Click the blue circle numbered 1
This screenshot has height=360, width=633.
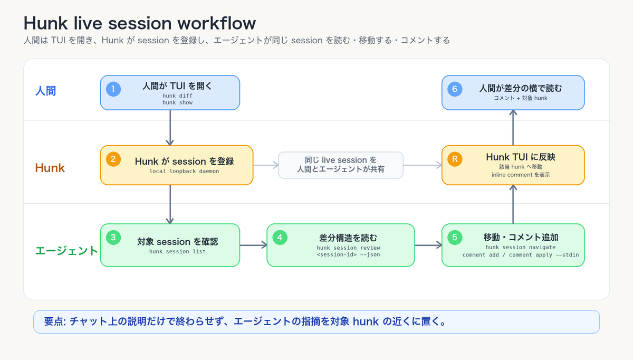click(113, 89)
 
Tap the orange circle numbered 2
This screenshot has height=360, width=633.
click(113, 159)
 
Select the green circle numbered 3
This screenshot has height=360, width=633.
click(113, 238)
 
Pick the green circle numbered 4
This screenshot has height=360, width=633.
click(280, 238)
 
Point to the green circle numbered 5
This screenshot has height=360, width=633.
click(455, 238)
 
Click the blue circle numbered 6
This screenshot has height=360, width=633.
click(455, 89)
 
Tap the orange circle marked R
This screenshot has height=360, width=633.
click(455, 159)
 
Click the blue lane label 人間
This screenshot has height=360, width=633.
click(45, 91)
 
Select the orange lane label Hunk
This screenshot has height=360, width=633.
click(50, 168)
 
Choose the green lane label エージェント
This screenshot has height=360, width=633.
click(66, 251)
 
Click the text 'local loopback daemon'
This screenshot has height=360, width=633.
click(184, 172)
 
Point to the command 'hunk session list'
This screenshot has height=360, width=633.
click(177, 252)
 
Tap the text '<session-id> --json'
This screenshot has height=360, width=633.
click(348, 255)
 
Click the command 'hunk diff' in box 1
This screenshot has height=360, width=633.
click(177, 96)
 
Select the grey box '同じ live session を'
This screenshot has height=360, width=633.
click(341, 165)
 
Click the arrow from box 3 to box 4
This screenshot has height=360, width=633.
click(254, 245)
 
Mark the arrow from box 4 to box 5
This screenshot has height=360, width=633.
click(428, 245)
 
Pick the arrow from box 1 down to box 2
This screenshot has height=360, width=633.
click(170, 128)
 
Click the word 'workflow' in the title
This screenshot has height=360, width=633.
click(216, 23)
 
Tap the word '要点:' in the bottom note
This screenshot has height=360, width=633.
click(55, 321)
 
